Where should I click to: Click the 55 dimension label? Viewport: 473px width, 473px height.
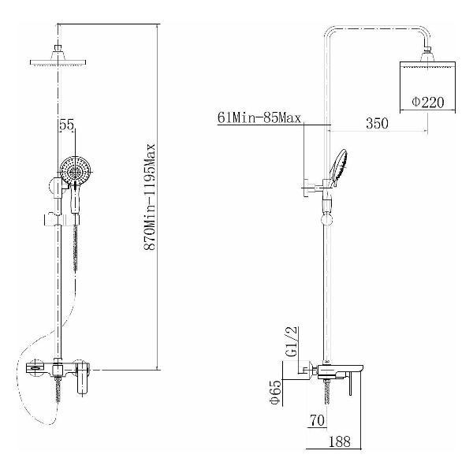tap(67, 125)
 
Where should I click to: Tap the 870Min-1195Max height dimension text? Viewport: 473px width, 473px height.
tap(150, 196)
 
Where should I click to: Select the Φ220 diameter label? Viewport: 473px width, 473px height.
tap(428, 102)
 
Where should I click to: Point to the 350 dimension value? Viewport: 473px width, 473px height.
tap(377, 124)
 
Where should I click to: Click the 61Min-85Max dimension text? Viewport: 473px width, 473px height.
tap(259, 117)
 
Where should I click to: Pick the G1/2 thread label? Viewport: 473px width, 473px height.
tap(292, 341)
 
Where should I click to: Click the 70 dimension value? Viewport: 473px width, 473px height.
tap(317, 420)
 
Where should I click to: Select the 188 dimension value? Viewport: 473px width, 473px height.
tap(339, 441)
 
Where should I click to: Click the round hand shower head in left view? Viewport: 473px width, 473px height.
tap(75, 171)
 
